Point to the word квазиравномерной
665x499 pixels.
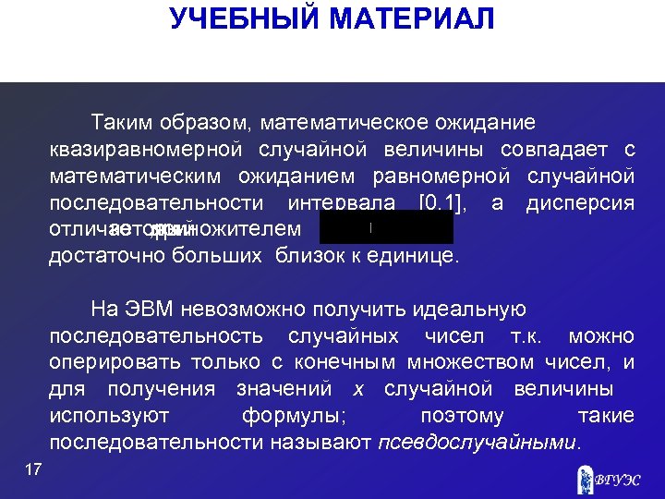tap(147, 150)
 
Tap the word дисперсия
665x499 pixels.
tap(580, 202)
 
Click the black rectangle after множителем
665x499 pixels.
tap(386, 227)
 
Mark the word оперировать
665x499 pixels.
tap(115, 362)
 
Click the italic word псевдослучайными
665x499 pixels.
tap(478, 443)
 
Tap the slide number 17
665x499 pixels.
tap(33, 471)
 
